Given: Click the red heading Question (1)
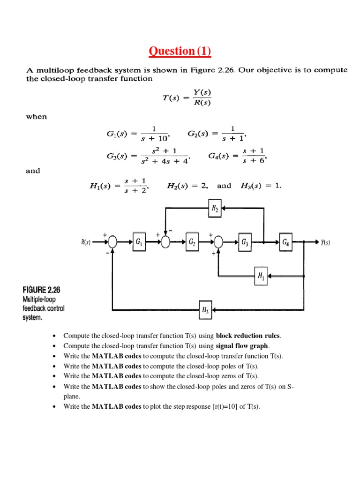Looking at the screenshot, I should [180, 51].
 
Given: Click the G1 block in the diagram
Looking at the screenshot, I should [139, 242].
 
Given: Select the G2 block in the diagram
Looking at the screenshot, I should [192, 242].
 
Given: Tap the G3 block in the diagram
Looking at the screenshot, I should [245, 242].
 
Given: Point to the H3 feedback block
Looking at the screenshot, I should [206, 310].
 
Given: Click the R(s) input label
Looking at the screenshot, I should [85, 242].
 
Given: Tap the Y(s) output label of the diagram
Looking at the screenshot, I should [326, 242].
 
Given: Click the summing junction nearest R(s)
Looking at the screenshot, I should [112, 242].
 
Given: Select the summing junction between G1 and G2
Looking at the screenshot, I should [165, 242].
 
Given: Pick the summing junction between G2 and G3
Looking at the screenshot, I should [218, 242].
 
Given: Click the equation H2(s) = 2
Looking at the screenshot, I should [187, 186].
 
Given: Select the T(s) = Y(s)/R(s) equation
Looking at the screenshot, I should [184, 98].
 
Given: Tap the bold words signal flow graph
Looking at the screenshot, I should [242, 346].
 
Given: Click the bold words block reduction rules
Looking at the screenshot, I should [248, 336].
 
